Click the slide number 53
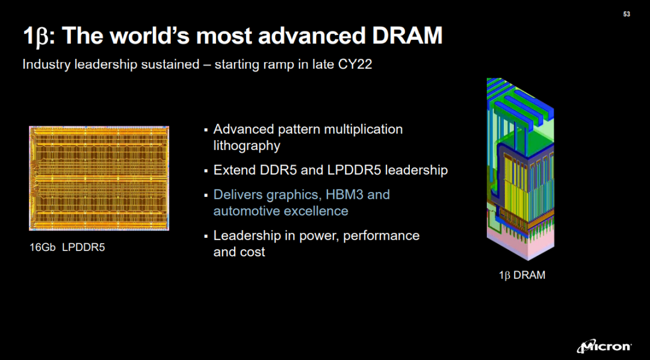[627, 14]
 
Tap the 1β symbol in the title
[36, 37]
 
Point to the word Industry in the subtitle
[45, 66]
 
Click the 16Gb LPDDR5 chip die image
[99, 178]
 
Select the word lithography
[247, 146]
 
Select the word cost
[252, 252]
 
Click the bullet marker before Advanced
[206, 130]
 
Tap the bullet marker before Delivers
[206, 195]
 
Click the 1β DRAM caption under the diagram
[522, 275]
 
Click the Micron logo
[605, 347]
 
